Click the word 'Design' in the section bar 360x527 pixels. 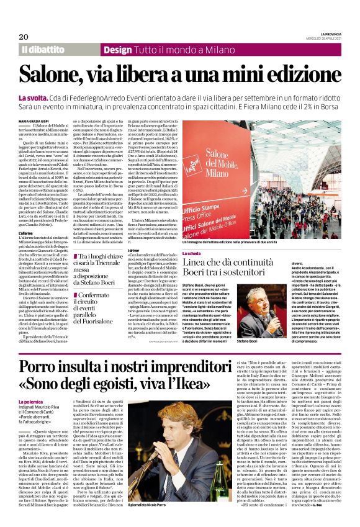118,49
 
